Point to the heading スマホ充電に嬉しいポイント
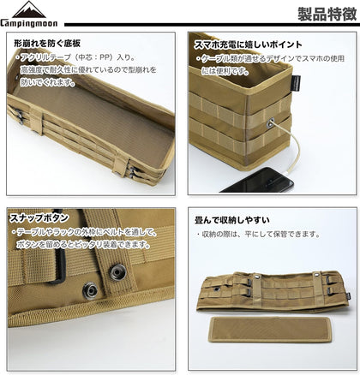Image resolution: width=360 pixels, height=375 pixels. pyautogui.click(x=248, y=43)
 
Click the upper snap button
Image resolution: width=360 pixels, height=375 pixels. pyautogui.click(x=115, y=272)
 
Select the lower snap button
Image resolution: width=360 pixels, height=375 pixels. pyautogui.click(x=89, y=290)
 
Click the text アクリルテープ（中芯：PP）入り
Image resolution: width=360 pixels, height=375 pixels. pyautogui.click(x=72, y=57)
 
